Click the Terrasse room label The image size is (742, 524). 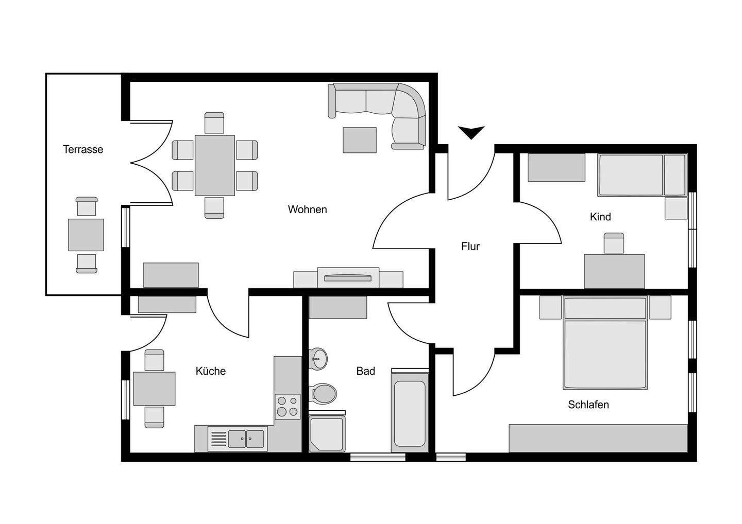tap(83, 149)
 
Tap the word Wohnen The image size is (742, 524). tap(307, 209)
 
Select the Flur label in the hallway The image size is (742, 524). tap(470, 247)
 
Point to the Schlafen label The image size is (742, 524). tap(588, 405)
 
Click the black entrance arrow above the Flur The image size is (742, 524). tap(471, 132)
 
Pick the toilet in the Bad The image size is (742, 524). tap(323, 393)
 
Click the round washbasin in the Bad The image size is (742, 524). tap(318, 357)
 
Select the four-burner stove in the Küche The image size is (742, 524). tap(287, 406)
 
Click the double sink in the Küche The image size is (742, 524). tap(246, 439)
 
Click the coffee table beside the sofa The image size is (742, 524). tap(360, 140)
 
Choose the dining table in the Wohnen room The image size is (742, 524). tap(214, 165)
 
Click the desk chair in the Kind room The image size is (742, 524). tap(613, 243)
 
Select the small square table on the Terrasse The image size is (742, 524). tap(86, 235)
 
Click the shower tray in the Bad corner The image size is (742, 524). tap(326, 434)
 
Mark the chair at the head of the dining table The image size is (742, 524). tap(214, 123)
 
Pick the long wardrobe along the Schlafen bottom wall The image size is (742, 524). tap(598, 438)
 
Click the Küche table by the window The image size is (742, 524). tap(154, 389)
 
